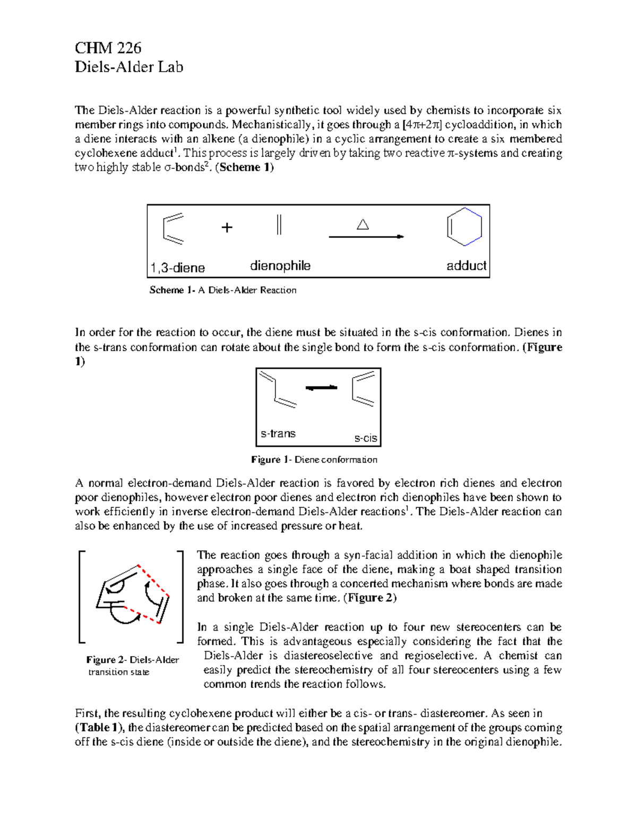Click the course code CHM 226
click(108, 48)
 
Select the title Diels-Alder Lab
click(129, 67)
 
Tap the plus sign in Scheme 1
click(227, 228)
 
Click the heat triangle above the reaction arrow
click(363, 225)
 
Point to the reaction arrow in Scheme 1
click(366, 237)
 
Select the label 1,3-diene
click(178, 268)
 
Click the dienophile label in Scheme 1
click(280, 266)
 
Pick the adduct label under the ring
click(466, 266)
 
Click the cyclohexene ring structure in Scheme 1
click(464, 227)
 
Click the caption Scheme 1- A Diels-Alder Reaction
click(222, 290)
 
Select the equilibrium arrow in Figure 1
click(322, 388)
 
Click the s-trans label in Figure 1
click(278, 433)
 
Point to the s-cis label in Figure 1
click(365, 438)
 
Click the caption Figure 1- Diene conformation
click(314, 460)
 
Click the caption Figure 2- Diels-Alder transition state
click(132, 666)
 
